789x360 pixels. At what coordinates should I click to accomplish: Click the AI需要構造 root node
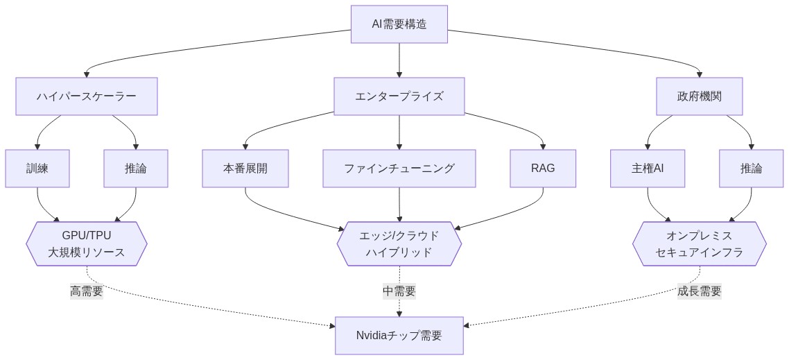click(399, 24)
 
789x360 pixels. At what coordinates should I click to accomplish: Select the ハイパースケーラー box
click(87, 96)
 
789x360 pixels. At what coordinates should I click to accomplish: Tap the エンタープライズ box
click(399, 96)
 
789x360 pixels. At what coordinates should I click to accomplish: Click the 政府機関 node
click(699, 96)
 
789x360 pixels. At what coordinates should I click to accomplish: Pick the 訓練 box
click(37, 169)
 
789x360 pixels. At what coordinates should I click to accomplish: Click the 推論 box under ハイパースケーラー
click(136, 169)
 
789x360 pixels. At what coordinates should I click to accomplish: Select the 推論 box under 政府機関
click(751, 169)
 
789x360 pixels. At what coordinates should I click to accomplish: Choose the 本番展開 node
click(245, 169)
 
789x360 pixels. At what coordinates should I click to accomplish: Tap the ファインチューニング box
click(399, 169)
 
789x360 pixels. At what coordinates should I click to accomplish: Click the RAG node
click(543, 169)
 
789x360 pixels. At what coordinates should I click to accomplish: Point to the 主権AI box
click(648, 169)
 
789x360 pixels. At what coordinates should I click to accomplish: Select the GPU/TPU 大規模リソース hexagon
click(87, 244)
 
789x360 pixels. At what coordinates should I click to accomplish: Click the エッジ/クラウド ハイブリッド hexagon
click(399, 244)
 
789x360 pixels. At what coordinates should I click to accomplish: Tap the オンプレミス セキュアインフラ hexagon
click(699, 244)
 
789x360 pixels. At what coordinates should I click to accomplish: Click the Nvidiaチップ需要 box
click(399, 336)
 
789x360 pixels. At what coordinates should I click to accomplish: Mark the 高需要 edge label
click(87, 291)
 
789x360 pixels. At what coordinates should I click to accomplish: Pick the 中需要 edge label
click(399, 291)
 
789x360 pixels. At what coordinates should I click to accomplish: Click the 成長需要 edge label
click(699, 291)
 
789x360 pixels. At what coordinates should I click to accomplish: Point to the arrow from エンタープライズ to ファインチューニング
click(399, 132)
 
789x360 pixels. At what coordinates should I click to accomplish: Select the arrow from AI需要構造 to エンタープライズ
click(399, 60)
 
